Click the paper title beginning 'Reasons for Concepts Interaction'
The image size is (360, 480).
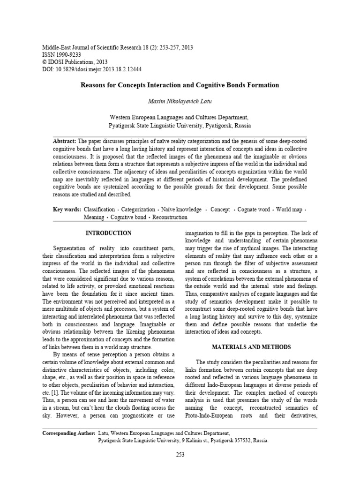(180, 85)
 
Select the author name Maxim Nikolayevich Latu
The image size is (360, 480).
(180, 102)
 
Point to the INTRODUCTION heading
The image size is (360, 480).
(108, 233)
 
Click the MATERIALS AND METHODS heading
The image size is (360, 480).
(251, 347)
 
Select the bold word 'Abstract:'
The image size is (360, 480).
(65, 142)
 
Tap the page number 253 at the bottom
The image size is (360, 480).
(180, 455)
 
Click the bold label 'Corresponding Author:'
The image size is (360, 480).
(69, 434)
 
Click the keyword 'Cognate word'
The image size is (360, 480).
(254, 210)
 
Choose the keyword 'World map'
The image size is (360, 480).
(289, 210)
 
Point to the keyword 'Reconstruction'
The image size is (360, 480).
(170, 217)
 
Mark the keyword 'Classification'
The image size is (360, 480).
(99, 210)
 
